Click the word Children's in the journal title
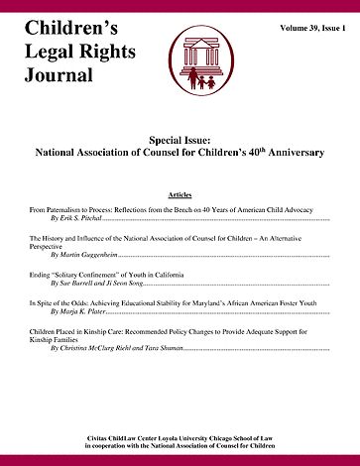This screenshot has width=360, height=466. [69, 19]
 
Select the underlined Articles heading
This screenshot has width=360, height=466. [180, 196]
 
